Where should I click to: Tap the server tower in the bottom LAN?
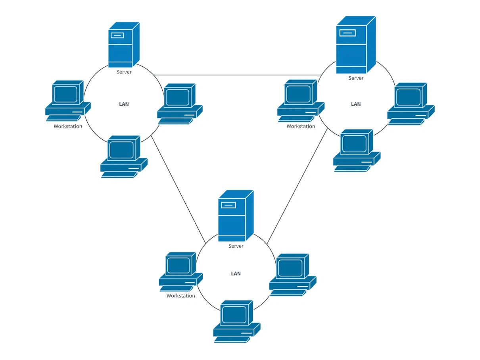[x=235, y=216]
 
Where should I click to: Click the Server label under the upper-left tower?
[x=124, y=72]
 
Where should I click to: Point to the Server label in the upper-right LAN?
[x=356, y=78]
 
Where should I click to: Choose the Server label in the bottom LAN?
[x=236, y=246]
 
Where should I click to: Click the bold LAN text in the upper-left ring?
[x=124, y=104]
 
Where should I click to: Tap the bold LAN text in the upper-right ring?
[x=356, y=104]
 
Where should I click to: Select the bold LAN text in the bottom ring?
[x=236, y=274]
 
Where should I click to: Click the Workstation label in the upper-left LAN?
[x=68, y=127]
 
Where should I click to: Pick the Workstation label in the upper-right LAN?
[x=301, y=127]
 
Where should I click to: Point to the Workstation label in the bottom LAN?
[x=180, y=296]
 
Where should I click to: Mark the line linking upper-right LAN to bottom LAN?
[x=297, y=187]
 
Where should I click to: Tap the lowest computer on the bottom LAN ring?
[x=236, y=321]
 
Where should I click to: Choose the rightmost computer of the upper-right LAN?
[x=411, y=104]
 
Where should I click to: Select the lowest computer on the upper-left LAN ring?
[x=123, y=157]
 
